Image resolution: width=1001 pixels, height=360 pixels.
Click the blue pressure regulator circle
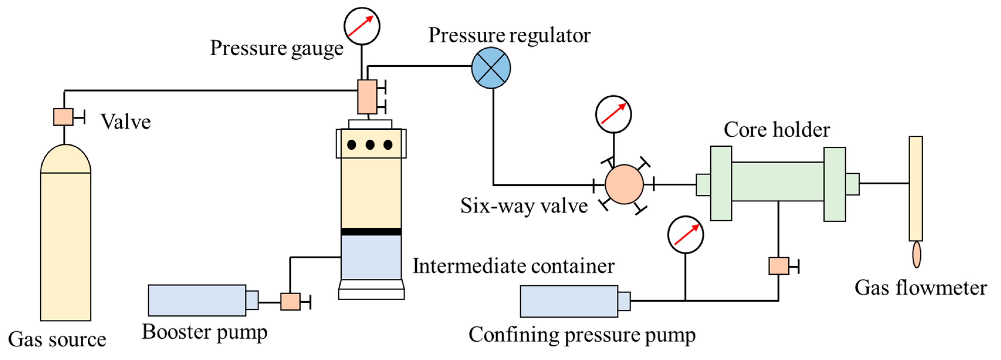pos(491,68)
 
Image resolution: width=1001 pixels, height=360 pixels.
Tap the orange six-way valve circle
pos(624,184)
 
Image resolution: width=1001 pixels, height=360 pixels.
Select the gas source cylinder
pos(66,232)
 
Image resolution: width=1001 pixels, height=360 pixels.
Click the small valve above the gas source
pos(63,117)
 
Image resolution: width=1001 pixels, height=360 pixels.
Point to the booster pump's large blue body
pos(197,300)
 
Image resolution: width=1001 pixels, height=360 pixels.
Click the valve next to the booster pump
pos(290,301)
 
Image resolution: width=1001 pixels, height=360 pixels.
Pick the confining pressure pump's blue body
pos(569,301)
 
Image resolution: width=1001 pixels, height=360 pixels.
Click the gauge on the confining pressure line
pos(685,235)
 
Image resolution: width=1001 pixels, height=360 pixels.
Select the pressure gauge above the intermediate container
pos(362,26)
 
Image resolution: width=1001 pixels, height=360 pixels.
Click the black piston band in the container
pos(371,232)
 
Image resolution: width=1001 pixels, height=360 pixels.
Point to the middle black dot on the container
pos(370,145)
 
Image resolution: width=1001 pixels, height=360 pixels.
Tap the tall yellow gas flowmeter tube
pos(916,189)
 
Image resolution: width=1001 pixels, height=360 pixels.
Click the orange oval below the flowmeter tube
pos(917,255)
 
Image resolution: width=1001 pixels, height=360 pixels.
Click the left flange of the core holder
pos(721,183)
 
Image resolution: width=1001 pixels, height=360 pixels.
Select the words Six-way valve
pos(524,206)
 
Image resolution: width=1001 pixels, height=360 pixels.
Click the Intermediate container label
pos(513,266)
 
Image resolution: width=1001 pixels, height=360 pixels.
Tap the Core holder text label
pos(777,129)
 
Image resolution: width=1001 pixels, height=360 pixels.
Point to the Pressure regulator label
pos(509,36)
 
